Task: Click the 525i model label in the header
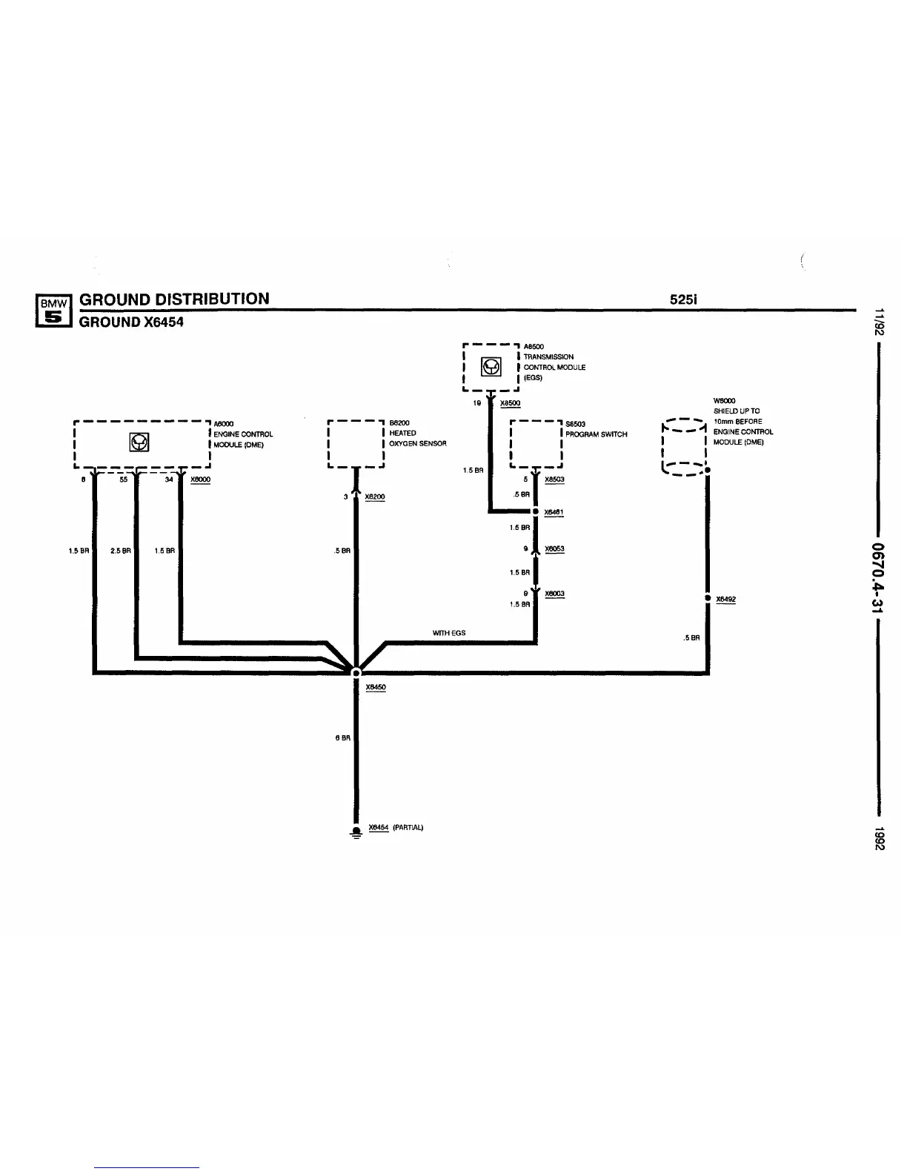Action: tap(685, 299)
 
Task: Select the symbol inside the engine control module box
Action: tap(139, 442)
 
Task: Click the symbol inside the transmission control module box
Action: tap(491, 366)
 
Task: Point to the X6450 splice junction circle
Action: tap(356, 672)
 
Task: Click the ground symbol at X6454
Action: tap(356, 832)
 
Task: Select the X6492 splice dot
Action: tap(708, 598)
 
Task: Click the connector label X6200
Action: tap(375, 497)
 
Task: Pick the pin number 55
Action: tap(123, 480)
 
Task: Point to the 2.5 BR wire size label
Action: tap(120, 551)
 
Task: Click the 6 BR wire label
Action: tap(342, 737)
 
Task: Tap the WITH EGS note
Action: tap(449, 633)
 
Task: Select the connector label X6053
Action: tap(554, 549)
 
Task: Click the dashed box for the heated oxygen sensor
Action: tap(356, 444)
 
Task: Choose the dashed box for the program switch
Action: tap(536, 444)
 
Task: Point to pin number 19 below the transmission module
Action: tap(477, 403)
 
